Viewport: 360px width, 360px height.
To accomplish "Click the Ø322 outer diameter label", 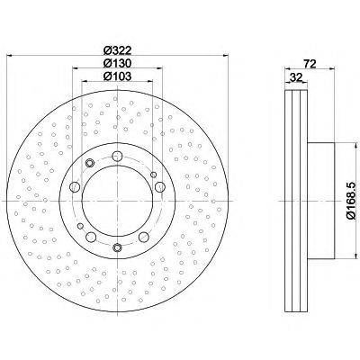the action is coord(117,49).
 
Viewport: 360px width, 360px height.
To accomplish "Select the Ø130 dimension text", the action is coord(117,63).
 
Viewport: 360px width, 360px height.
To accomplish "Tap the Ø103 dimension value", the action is coord(117,76).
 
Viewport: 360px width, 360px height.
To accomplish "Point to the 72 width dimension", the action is coord(310,64).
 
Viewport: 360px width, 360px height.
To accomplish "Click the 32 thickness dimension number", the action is coord(296,77).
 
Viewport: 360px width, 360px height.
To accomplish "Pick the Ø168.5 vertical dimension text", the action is coord(351,201).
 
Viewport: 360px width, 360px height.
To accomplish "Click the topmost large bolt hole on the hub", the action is coord(117,156).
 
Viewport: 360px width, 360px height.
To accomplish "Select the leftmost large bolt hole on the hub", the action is coord(75,187).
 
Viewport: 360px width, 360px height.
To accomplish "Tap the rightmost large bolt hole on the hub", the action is coord(159,186).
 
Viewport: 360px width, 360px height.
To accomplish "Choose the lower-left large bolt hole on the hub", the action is coord(91,237).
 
